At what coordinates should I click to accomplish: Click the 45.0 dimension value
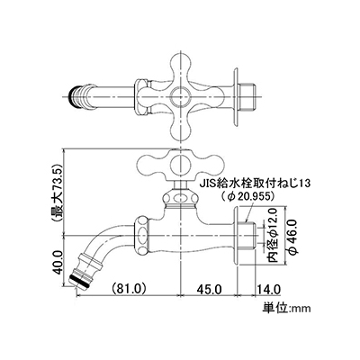click(x=209, y=290)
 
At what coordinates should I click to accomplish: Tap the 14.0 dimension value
click(x=268, y=290)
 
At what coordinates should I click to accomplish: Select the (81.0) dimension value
click(x=128, y=289)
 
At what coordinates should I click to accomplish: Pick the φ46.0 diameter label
click(x=292, y=237)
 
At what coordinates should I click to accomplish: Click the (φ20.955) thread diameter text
click(x=247, y=196)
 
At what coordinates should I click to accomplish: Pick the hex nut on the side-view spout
click(x=142, y=235)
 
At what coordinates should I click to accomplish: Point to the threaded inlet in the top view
click(x=246, y=96)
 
